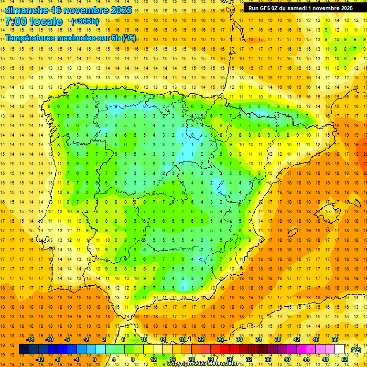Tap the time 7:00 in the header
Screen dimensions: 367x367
[18, 22]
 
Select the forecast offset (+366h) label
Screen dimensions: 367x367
[85, 21]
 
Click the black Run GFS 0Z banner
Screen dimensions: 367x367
[300, 8]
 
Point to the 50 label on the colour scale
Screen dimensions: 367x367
[335, 339]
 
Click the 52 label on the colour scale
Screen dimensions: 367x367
[345, 359]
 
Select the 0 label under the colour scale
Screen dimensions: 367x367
[95, 359]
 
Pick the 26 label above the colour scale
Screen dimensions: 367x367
[220, 339]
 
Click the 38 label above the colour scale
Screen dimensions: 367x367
[277, 339]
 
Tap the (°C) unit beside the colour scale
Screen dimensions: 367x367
[356, 350]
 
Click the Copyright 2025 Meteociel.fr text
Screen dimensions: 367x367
[203, 364]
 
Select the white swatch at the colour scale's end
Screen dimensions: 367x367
[340, 349]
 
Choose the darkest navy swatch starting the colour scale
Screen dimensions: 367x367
[24, 349]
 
